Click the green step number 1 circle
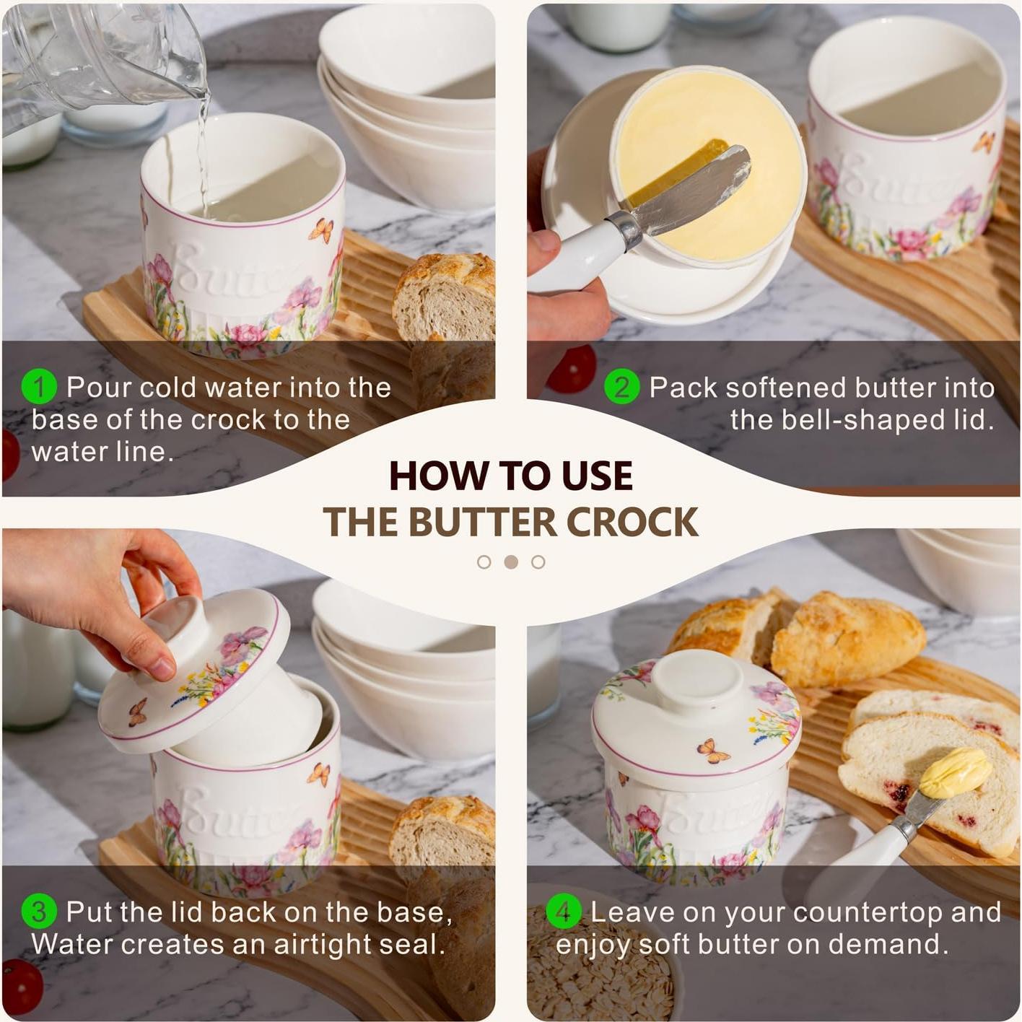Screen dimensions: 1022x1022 39,387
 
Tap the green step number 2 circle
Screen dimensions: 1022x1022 621,387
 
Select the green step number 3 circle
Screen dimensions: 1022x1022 39,912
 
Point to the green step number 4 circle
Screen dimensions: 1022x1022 564,912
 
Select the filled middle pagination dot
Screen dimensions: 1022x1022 511,562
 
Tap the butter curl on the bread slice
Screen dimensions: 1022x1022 955,772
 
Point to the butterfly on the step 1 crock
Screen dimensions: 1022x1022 321,230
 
